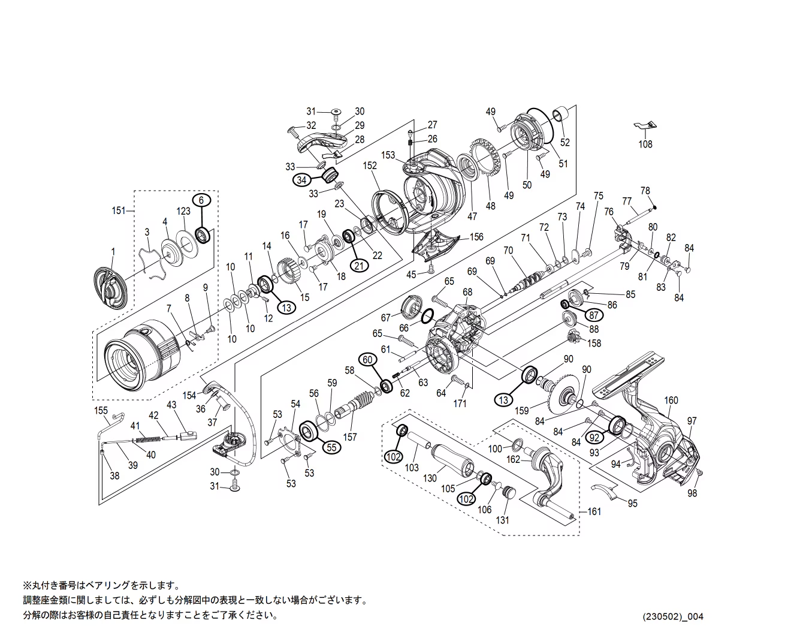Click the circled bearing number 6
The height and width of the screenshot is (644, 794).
(201, 200)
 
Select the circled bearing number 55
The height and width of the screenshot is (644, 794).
(331, 447)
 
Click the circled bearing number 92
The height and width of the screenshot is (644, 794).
(594, 437)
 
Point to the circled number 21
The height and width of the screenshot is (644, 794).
(360, 267)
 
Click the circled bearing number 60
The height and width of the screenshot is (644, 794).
(368, 359)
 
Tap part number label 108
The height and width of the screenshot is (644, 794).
(645, 145)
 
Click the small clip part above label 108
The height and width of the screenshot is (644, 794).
(645, 126)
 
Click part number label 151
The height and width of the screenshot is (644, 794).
(119, 210)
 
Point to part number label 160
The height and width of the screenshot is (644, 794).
(671, 401)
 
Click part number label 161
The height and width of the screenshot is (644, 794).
(594, 511)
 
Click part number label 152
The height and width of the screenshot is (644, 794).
(370, 165)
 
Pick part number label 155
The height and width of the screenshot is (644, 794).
(101, 411)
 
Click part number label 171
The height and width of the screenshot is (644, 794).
(460, 404)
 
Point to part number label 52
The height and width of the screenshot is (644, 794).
(564, 143)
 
